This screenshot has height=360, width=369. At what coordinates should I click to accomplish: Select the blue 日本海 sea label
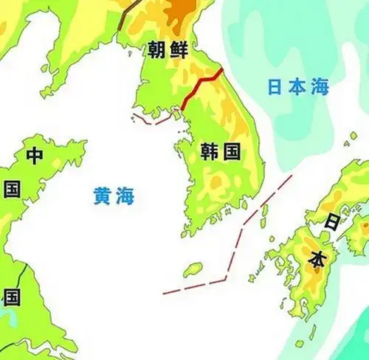point(297,87)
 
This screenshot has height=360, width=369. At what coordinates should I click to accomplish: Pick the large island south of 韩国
point(193,269)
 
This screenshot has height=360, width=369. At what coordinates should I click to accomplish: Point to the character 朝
point(156,52)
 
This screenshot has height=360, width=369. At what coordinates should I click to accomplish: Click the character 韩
point(210,153)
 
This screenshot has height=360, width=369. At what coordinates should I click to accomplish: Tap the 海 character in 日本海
point(319,87)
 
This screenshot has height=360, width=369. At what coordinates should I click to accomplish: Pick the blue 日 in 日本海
point(275,87)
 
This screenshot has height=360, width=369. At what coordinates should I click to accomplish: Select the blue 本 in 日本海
point(297,87)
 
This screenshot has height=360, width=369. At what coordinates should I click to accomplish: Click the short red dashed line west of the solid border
point(152,120)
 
